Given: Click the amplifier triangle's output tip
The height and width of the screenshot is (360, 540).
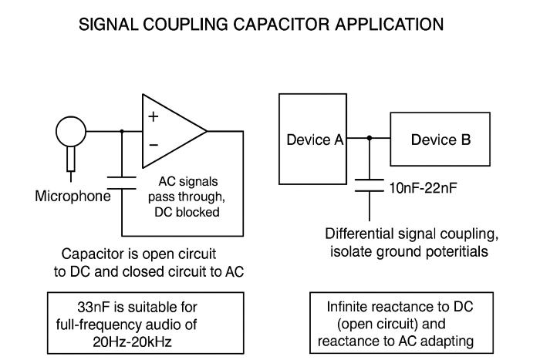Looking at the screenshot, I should tap(207, 132).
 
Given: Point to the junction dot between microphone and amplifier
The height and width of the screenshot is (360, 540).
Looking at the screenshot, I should tap(122, 132).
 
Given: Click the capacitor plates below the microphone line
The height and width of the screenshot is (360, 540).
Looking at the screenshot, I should tap(122, 181).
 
